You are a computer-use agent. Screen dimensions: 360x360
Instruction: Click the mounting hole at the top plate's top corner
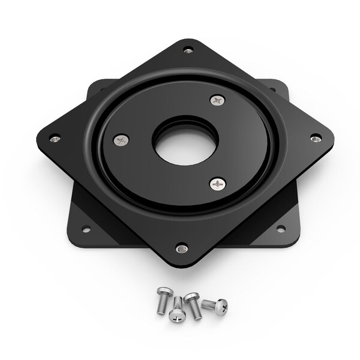[x=188, y=50]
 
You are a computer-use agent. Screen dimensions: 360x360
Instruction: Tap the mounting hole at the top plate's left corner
[x=55, y=139]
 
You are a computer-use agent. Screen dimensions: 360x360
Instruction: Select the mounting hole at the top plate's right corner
[x=316, y=138]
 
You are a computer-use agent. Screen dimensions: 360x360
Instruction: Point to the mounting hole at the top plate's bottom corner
[x=182, y=248]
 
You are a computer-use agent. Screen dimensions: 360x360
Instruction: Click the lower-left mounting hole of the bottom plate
[x=86, y=229]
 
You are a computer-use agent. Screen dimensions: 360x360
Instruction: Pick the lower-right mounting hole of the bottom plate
[x=280, y=229]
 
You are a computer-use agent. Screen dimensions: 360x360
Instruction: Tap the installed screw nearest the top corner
[x=217, y=100]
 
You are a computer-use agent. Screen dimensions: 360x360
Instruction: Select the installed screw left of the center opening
[x=121, y=140]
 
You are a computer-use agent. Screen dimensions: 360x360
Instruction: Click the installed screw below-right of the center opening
[x=217, y=184]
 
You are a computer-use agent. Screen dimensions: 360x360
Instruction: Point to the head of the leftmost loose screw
[x=164, y=293]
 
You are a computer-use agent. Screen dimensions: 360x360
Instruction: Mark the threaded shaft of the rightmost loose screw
[x=208, y=305]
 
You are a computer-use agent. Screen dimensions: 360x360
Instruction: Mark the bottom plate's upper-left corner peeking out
[x=96, y=86]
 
